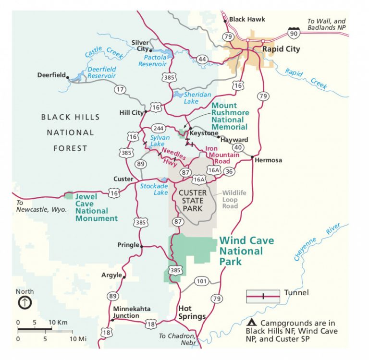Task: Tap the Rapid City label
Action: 281,49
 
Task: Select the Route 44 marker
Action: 202,59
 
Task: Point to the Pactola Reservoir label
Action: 152,60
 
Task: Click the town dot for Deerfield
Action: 68,76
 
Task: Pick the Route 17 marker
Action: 120,89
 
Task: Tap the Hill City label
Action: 131,113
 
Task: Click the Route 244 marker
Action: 158,128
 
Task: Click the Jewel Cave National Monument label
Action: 96,207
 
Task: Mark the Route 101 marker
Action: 201,281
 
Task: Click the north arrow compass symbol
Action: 25,303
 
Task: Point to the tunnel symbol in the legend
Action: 263,296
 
